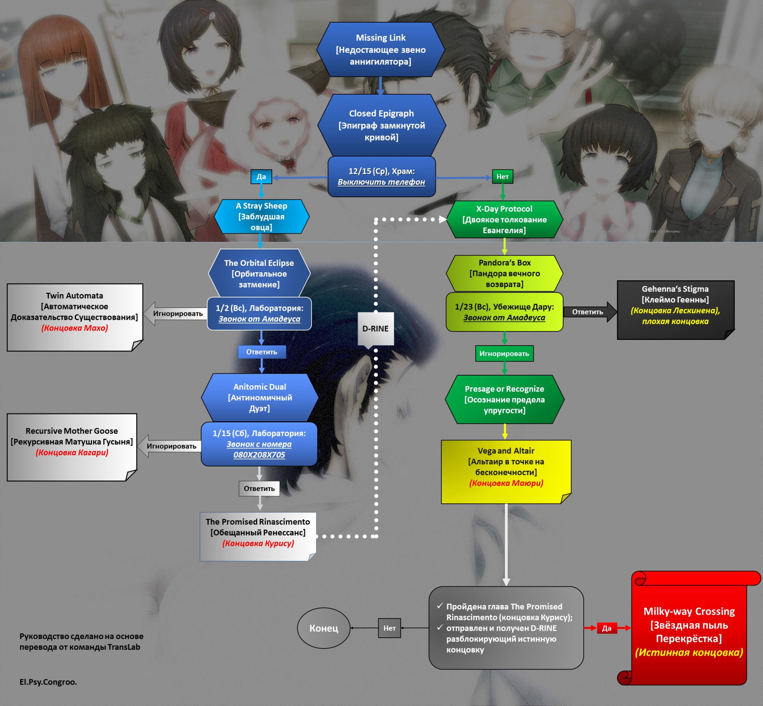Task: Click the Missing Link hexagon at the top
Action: [x=380, y=49]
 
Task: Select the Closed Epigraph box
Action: [x=381, y=125]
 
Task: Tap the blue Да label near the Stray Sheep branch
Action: [x=261, y=176]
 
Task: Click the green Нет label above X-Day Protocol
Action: [x=502, y=176]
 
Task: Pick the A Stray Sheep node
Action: [x=261, y=217]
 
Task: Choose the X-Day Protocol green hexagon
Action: [x=504, y=219]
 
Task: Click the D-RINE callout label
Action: [x=376, y=328]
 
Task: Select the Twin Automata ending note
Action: [x=74, y=317]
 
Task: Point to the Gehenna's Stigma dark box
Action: [x=675, y=310]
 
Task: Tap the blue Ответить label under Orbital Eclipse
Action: [x=261, y=352]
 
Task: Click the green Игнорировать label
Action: [x=504, y=353]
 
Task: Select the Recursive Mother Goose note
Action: [x=72, y=447]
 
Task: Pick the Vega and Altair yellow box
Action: [x=506, y=471]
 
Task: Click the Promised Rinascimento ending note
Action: [x=258, y=536]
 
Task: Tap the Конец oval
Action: [x=323, y=628]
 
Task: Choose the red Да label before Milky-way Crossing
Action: [x=606, y=628]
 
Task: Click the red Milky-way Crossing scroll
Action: [x=689, y=632]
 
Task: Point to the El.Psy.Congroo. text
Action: [x=48, y=682]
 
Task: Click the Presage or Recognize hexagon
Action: [x=504, y=400]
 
